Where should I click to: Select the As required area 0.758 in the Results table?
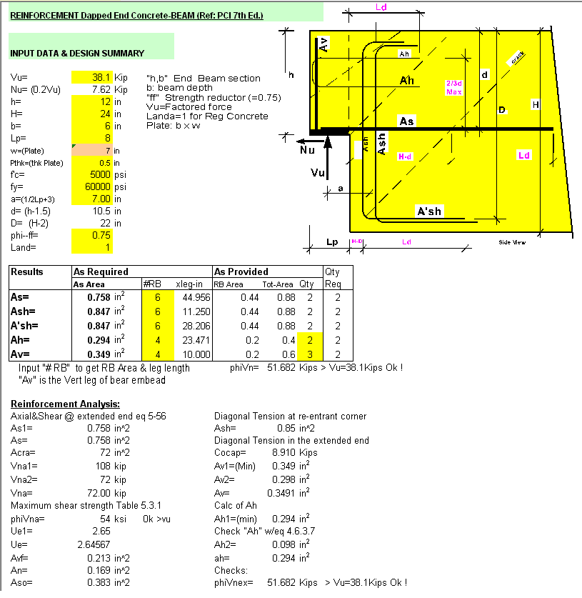pos(100,297)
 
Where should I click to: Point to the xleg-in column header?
pos(189,284)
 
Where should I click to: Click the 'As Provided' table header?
pos(242,271)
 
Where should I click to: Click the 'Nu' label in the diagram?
pos(306,151)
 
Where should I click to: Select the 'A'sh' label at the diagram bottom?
pos(429,211)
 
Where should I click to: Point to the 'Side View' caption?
pos(512,243)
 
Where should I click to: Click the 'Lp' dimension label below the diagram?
pos(332,242)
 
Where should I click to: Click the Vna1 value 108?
pos(100,465)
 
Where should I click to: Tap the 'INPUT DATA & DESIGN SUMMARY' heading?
pos(77,53)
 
